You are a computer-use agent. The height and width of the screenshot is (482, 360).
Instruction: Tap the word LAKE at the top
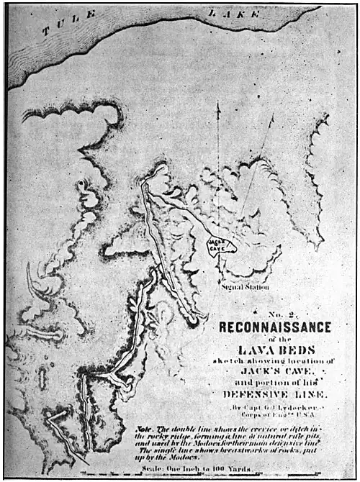coord(224,14)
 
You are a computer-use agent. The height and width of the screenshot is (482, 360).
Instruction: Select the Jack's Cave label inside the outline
coord(218,246)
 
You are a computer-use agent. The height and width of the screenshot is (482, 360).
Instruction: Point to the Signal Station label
coord(244,288)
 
